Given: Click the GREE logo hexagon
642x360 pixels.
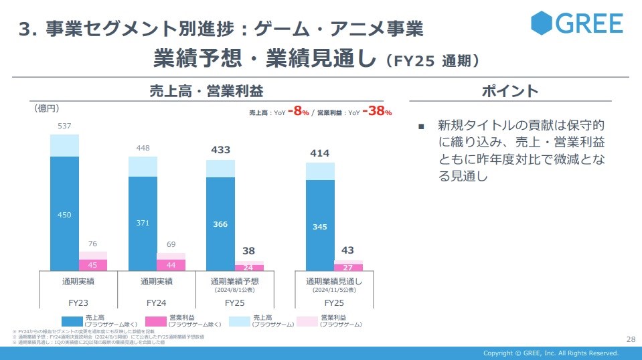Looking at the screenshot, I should point(542,23).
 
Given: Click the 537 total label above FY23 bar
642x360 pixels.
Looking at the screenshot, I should point(64,126).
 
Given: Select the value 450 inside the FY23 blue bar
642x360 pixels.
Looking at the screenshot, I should point(64,215).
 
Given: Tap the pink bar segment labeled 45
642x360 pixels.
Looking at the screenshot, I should point(93,264).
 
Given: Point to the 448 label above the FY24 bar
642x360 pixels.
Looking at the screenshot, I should point(143,148).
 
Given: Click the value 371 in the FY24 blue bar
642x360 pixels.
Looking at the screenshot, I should point(143,223).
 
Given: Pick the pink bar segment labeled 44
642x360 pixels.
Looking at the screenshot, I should point(171,265).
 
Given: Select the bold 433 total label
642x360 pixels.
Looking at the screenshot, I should point(220,150).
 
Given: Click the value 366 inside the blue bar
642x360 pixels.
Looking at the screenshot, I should point(220,225).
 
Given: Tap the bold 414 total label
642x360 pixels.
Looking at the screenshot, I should point(320,153).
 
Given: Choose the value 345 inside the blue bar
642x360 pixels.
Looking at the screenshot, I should point(320,227).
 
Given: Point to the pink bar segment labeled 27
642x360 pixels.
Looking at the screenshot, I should point(348,267).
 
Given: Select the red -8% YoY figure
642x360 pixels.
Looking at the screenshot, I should point(299,112).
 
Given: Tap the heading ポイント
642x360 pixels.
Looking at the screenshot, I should point(510,91).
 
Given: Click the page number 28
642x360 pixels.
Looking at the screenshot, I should point(629,339).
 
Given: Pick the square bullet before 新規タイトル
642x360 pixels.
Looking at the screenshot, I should point(421,126).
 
